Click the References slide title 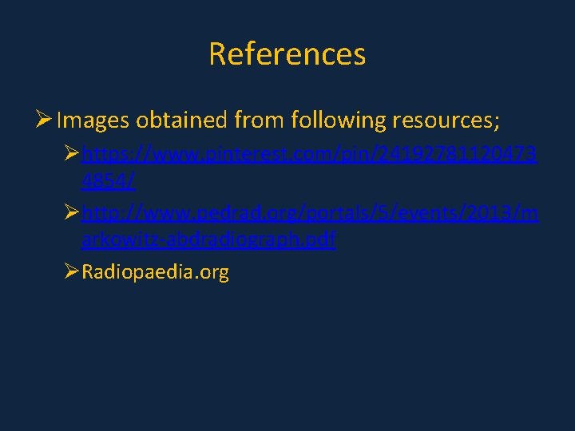(x=287, y=54)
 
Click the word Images (x=93, y=121)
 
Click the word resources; (x=446, y=121)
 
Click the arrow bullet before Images (x=44, y=121)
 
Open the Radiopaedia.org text (x=155, y=273)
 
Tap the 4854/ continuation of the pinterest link (x=108, y=182)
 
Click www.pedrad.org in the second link (x=200, y=212)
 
